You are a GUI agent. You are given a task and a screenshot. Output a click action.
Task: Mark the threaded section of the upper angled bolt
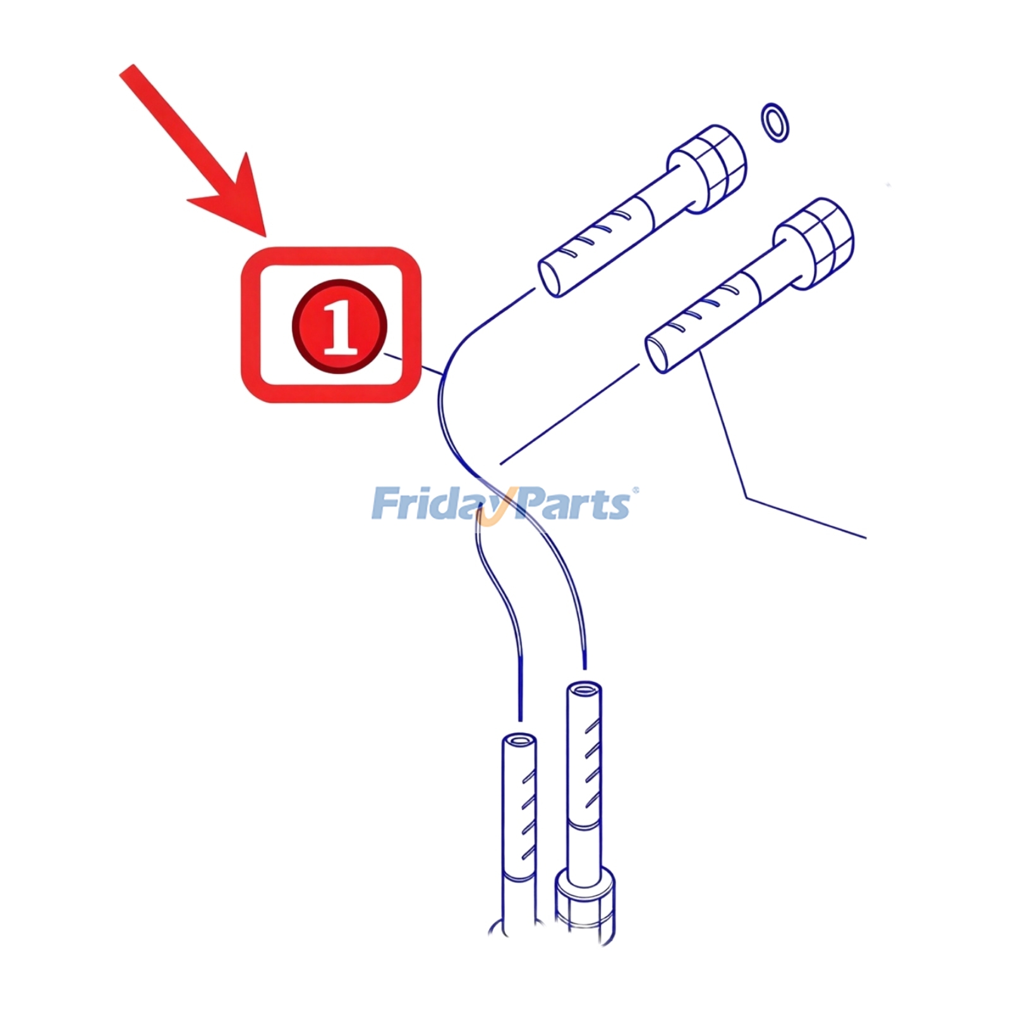click(x=597, y=243)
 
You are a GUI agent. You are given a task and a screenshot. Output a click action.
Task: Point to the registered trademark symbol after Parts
click(x=636, y=490)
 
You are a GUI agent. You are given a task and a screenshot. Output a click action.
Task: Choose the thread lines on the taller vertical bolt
click(x=591, y=765)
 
